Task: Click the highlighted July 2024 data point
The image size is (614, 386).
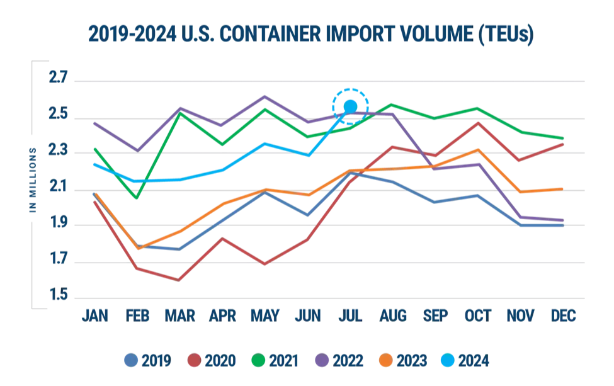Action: pos(350,106)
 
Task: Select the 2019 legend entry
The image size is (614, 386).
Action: pos(147,360)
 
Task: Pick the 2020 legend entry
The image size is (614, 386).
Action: pos(212,360)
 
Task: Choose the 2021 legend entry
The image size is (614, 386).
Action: pos(275,360)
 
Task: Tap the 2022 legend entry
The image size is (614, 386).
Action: pos(339,360)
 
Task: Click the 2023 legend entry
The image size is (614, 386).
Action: pos(403,360)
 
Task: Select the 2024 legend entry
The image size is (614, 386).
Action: pos(465,360)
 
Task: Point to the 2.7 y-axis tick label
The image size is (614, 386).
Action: pos(59,77)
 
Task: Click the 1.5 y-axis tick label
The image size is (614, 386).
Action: pos(59,295)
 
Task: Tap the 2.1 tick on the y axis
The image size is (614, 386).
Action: pos(59,186)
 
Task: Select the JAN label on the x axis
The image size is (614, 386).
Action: pos(95,315)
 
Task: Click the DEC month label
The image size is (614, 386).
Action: pos(563,315)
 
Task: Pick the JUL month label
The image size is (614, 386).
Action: pos(350,315)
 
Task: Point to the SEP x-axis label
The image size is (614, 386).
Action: pos(435,315)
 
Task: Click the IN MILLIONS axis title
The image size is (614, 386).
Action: pos(33,180)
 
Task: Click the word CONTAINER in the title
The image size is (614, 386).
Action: pos(270,33)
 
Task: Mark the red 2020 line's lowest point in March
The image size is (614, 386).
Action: pos(179,280)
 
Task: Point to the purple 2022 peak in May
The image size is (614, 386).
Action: pos(265,96)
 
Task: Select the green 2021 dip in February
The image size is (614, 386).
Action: pos(137,198)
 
